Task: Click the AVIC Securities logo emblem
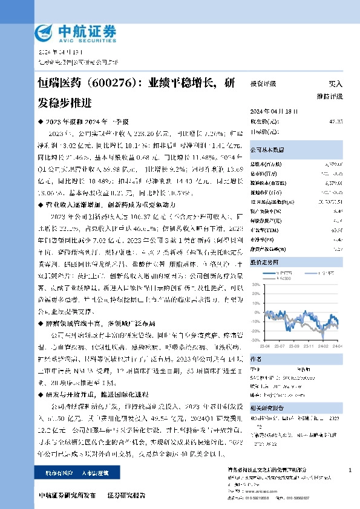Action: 44,31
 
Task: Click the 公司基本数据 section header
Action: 266,149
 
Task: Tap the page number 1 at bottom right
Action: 351,470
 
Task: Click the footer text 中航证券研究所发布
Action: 66,495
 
